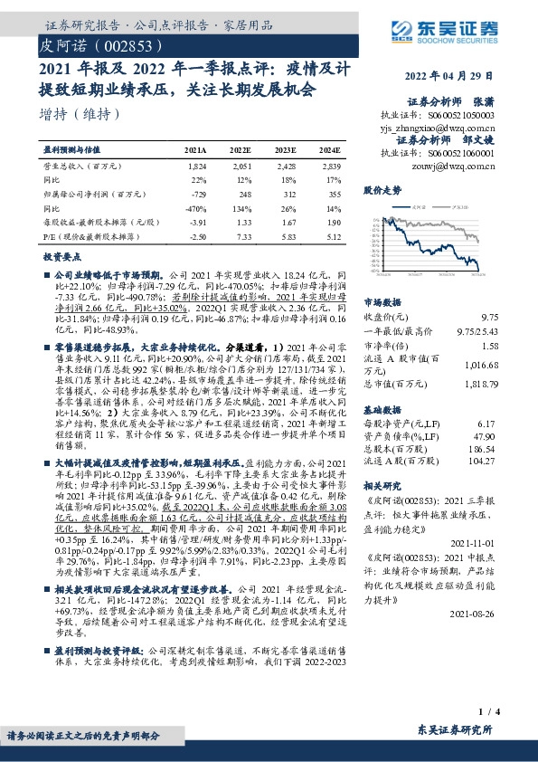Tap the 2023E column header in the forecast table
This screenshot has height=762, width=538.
(x=287, y=151)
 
